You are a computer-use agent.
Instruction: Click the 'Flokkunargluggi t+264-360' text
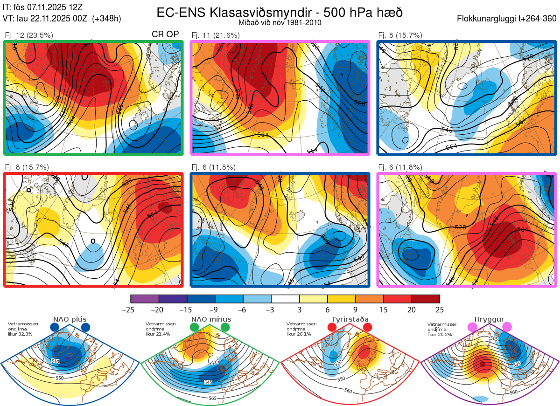[508, 19]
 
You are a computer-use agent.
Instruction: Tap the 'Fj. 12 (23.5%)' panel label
[29, 35]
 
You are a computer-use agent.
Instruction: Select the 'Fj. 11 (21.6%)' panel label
[216, 35]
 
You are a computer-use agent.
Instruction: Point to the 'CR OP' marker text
[166, 34]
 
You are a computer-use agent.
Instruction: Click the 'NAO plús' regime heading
[69, 319]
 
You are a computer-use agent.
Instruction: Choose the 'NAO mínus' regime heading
[211, 319]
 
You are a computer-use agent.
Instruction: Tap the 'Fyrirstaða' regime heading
[350, 319]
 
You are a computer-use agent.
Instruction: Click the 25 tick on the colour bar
[439, 310]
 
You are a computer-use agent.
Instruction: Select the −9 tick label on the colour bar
[215, 310]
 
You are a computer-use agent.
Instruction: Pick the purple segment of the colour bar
[145, 299]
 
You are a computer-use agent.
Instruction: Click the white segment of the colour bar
[285, 299]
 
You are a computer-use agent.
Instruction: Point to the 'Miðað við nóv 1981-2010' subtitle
[280, 22]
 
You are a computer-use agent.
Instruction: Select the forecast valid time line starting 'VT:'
[62, 19]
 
